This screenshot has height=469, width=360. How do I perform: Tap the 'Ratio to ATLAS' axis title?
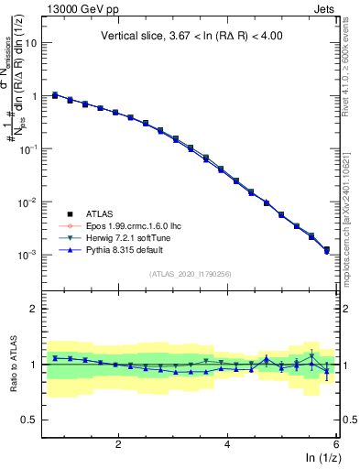click(x=13, y=364)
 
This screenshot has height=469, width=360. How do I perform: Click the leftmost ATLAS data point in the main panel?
click(x=55, y=94)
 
